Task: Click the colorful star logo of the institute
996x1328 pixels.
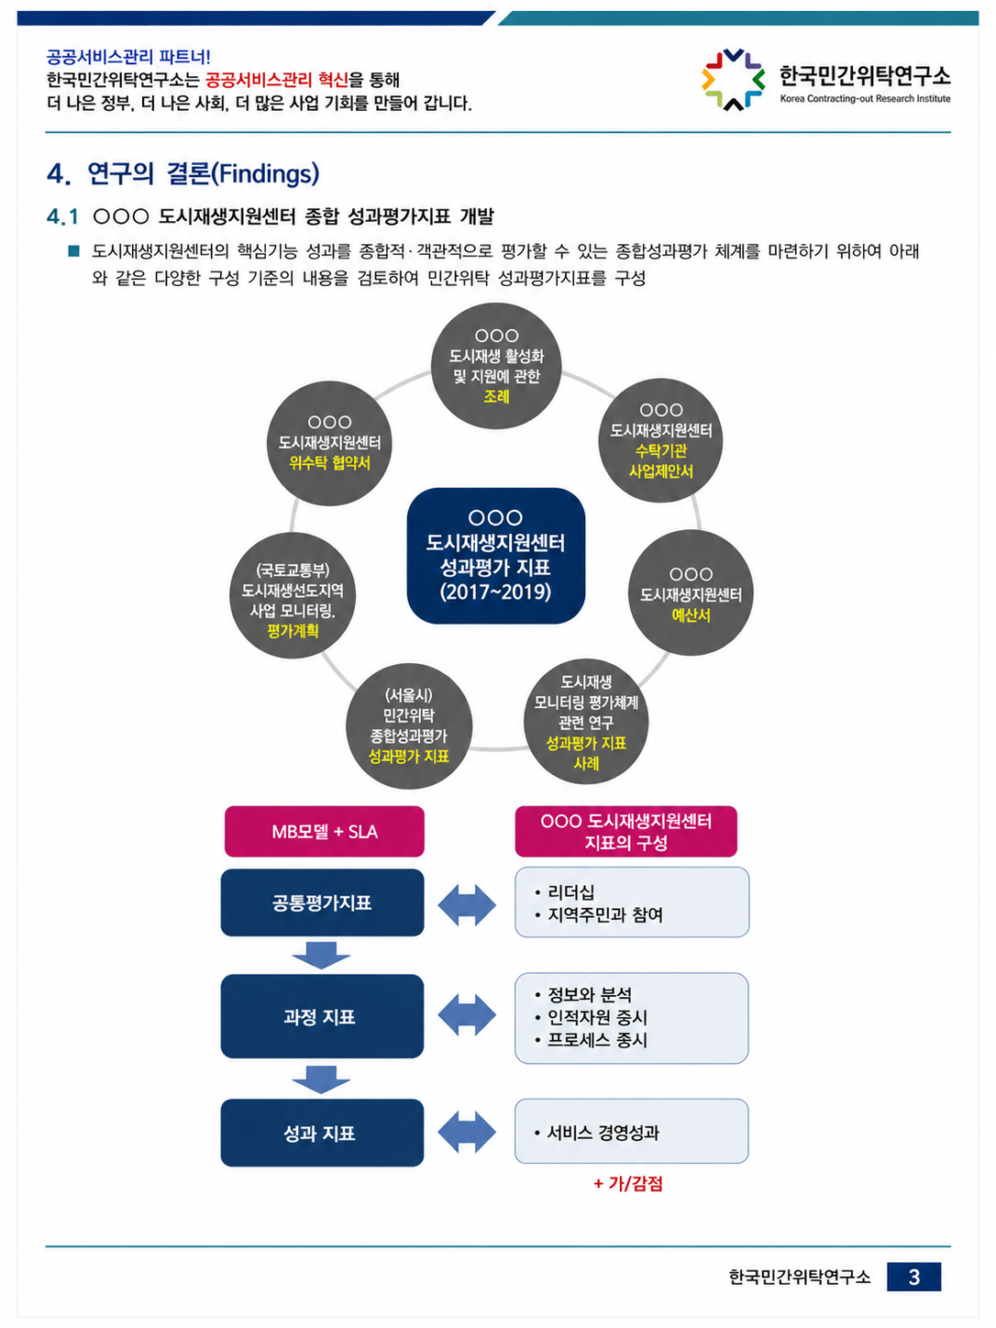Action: tap(733, 80)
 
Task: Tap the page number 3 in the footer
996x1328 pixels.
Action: tap(913, 1277)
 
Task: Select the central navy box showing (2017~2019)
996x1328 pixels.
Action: tap(496, 556)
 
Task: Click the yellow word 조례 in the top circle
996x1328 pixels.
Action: tap(496, 396)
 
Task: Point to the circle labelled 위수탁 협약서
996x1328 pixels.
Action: tap(329, 443)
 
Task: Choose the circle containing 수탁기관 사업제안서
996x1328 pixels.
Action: tap(660, 440)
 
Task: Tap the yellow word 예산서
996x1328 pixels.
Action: tap(691, 615)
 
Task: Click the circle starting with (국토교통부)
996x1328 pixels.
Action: tap(293, 595)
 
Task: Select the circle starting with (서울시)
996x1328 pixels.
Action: tap(409, 726)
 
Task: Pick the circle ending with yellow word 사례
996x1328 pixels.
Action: tap(586, 721)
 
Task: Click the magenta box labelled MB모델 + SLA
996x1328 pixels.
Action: tap(324, 831)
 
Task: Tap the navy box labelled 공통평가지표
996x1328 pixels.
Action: tap(322, 902)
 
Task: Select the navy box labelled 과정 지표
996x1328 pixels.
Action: tap(322, 1016)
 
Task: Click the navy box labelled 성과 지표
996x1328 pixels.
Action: tap(322, 1133)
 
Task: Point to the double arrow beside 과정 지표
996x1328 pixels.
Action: tap(466, 1015)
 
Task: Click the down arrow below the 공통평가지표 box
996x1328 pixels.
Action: tap(321, 955)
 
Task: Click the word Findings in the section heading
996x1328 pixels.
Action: tap(265, 173)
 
